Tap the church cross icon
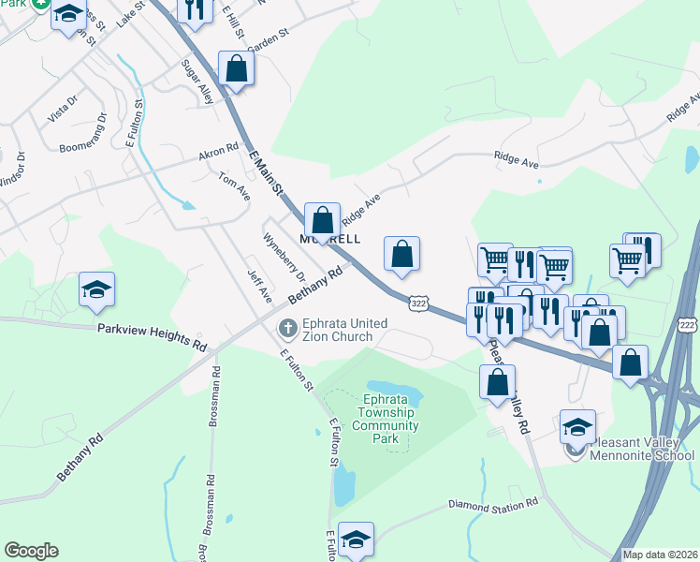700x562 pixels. point(288,330)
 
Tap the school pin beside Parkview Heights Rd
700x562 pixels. point(96,291)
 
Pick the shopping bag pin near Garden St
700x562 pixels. point(237,69)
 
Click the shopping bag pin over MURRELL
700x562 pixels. point(322,222)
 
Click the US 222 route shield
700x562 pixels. point(688,324)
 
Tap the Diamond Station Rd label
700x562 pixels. point(494,505)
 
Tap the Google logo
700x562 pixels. point(31,551)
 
